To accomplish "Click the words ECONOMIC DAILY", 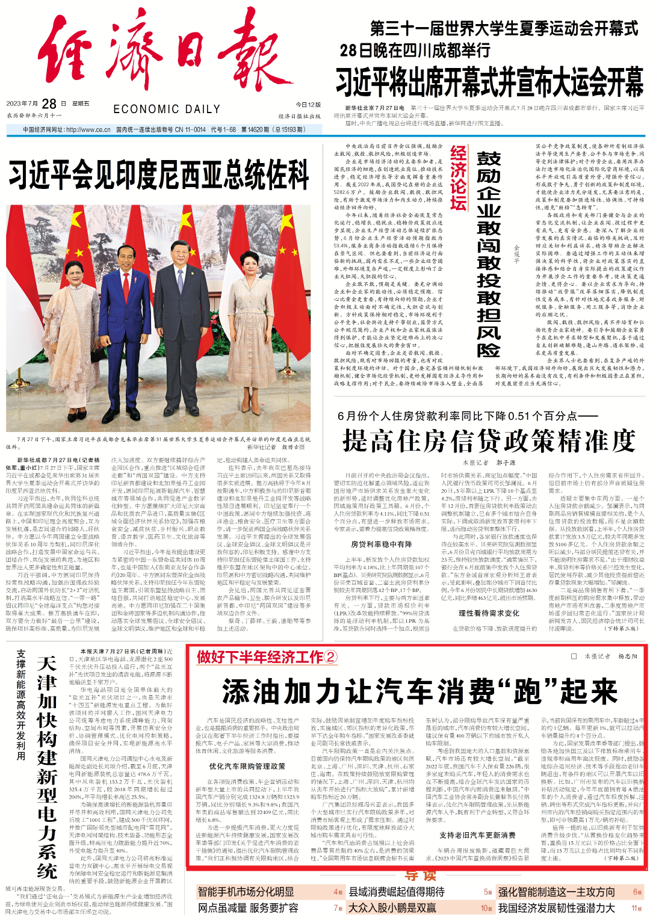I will point(167,110).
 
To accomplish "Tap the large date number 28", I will point(49,104).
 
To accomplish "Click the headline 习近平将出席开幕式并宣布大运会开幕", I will point(489,82).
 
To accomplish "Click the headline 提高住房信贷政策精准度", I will point(489,440).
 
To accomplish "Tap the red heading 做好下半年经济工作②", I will point(267,656).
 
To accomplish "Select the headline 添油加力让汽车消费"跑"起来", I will point(419,691).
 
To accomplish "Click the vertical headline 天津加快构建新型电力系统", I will point(46,767).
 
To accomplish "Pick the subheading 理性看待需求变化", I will point(489,613).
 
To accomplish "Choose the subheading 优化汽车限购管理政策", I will point(247,766).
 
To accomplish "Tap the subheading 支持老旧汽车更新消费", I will point(477,835).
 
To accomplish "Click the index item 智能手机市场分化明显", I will point(246,892).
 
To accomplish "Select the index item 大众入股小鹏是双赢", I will point(392,908).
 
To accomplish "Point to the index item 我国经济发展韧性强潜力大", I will point(556,908).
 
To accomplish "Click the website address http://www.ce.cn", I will point(88,129).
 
